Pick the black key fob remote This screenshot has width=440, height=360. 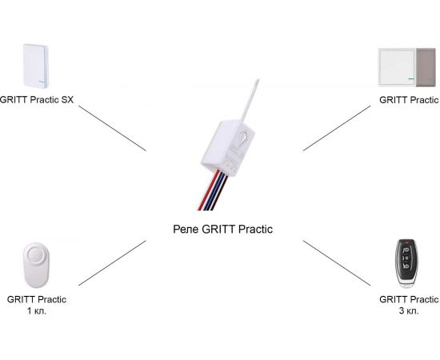click(406, 262)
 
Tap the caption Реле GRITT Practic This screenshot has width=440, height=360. click(222, 229)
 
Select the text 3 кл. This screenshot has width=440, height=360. click(408, 310)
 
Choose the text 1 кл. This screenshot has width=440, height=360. click(37, 310)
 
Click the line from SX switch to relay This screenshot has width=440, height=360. click(112, 129)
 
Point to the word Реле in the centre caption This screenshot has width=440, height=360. click(185, 229)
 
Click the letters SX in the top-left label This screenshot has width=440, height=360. click(78, 100)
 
